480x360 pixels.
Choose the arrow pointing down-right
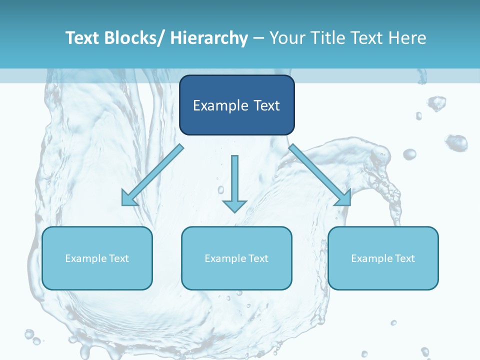(317, 172)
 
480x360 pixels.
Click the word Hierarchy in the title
(209, 38)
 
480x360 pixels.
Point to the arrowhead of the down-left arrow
(129, 198)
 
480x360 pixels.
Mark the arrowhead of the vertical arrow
(234, 205)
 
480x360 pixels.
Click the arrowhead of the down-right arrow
(343, 198)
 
